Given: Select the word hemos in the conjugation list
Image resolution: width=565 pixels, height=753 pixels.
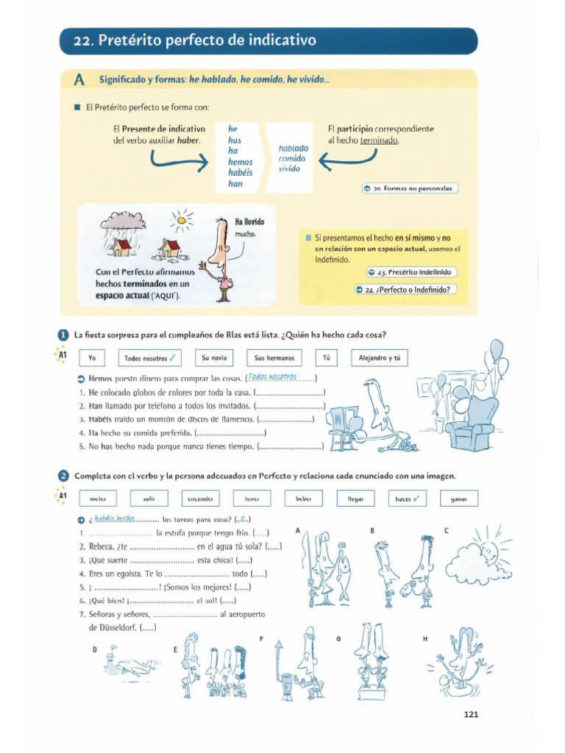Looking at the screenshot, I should coord(241,162).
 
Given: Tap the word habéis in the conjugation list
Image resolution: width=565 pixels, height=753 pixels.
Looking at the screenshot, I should coord(241,173).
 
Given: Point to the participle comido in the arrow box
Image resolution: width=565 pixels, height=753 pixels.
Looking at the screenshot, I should coord(291,158).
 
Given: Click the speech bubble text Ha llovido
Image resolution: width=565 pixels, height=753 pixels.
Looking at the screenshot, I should coord(249,221).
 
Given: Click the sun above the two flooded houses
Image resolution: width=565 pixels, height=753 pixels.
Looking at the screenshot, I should coord(181,218).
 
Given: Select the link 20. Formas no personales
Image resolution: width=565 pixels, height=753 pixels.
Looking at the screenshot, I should coord(411,188).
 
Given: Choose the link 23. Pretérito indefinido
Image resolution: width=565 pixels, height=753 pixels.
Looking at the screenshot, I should coord(411,272).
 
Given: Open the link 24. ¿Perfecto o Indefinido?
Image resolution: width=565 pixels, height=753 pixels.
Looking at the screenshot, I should coord(405,289).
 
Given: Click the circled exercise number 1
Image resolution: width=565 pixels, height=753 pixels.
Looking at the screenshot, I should coord(64,335).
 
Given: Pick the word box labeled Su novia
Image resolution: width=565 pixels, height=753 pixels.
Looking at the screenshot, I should coord(214,358).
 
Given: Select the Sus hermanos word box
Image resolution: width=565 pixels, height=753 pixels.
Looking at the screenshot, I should coord(274,358).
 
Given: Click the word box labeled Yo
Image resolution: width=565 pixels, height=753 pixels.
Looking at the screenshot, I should coord(92,358).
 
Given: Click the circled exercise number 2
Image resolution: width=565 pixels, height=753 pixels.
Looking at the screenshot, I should coord(64,475).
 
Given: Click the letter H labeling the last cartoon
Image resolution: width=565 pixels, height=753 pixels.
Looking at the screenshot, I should coord(425,639).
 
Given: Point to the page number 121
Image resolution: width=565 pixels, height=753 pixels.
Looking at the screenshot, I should coord(472,713).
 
